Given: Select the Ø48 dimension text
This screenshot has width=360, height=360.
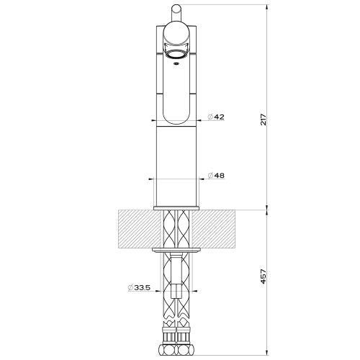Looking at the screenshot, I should pos(216,176).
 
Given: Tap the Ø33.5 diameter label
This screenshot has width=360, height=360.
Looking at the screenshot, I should pos(139,288).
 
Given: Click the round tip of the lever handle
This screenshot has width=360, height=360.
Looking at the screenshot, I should pos(176,9).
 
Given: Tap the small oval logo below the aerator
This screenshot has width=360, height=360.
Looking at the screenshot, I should pos(176,65).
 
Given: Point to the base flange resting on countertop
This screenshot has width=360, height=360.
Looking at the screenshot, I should pos(176,208).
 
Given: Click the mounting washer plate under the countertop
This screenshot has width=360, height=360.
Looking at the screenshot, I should pos(176,250).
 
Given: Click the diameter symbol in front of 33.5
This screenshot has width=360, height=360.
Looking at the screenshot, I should pos(130,288).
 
